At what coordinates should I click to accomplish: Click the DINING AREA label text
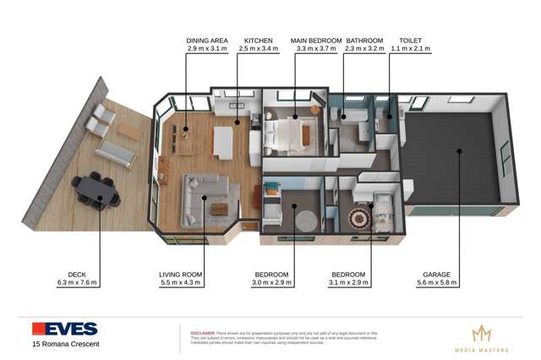[207, 40]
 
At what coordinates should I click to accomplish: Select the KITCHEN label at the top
[259, 40]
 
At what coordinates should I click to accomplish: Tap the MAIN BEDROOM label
[316, 40]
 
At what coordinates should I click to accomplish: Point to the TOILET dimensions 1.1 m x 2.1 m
[410, 49]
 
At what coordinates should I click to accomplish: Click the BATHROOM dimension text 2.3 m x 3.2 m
[364, 49]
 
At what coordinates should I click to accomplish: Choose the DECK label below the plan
[77, 275]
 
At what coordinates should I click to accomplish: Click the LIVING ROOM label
[182, 275]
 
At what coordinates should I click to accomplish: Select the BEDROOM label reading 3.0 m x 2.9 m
[272, 275]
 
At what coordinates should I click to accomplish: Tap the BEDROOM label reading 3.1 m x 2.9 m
[348, 275]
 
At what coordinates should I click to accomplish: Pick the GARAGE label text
[438, 275]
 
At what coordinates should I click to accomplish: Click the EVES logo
[64, 329]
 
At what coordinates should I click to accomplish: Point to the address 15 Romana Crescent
[65, 344]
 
